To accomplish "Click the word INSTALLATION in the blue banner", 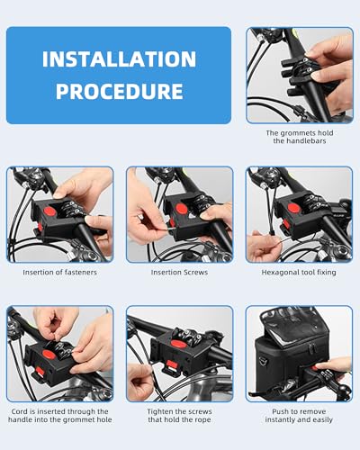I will point(118,60).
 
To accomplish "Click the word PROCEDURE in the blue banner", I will point(118,92).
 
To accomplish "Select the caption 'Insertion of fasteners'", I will point(59,271).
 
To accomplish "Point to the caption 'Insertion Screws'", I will point(180,271).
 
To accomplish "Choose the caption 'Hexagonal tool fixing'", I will point(300,271).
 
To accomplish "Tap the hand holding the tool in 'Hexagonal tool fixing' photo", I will point(263,245).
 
